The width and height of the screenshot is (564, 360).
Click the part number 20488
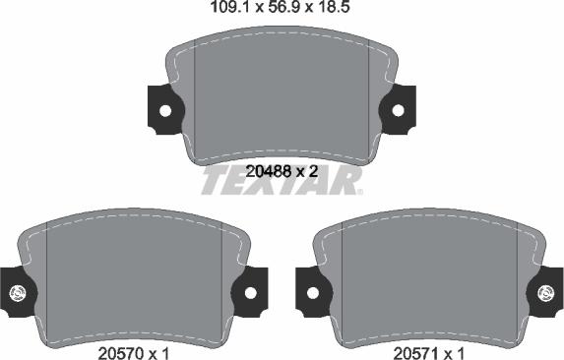coord(269,172)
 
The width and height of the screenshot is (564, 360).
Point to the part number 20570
coord(122,353)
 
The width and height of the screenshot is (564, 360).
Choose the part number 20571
coord(416,353)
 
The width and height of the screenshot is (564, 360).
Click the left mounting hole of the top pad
coord(165,111)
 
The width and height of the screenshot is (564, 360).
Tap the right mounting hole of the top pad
coord(398,111)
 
